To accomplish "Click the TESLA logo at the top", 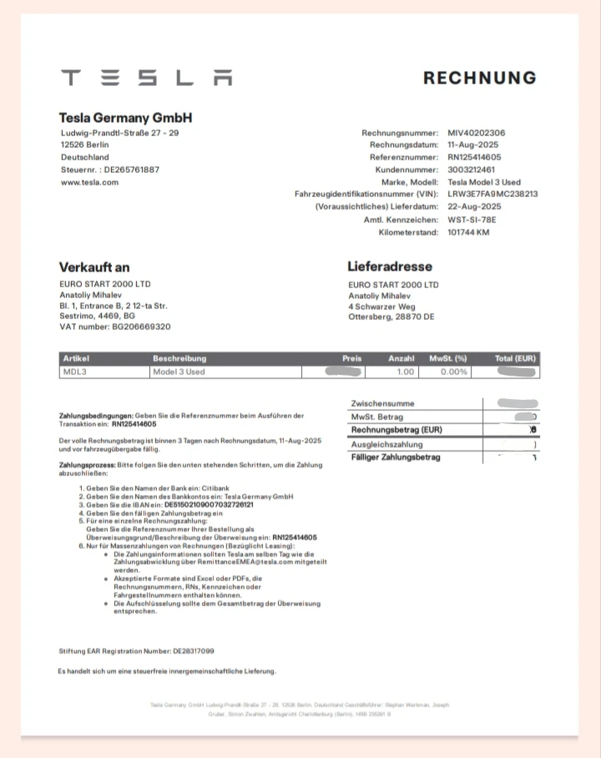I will coord(146,78).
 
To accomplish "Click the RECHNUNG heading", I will coord(479,78).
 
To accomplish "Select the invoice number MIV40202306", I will coord(476,134).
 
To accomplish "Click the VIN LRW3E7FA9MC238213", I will coord(492,194).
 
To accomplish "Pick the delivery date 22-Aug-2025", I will coord(474,206).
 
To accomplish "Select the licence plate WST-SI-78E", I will coord(472,220).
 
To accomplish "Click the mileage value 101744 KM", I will coord(468,232).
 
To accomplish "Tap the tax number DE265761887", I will coord(131,169).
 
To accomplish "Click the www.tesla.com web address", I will coord(89,182).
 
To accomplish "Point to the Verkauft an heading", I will coord(93,268).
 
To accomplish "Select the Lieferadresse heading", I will coord(389,267).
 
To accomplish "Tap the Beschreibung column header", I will coord(179,359).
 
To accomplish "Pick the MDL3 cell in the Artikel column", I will coord(75,372).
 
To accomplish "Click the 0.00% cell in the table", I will coord(453,372).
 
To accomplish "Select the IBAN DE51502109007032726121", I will coord(209,505).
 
